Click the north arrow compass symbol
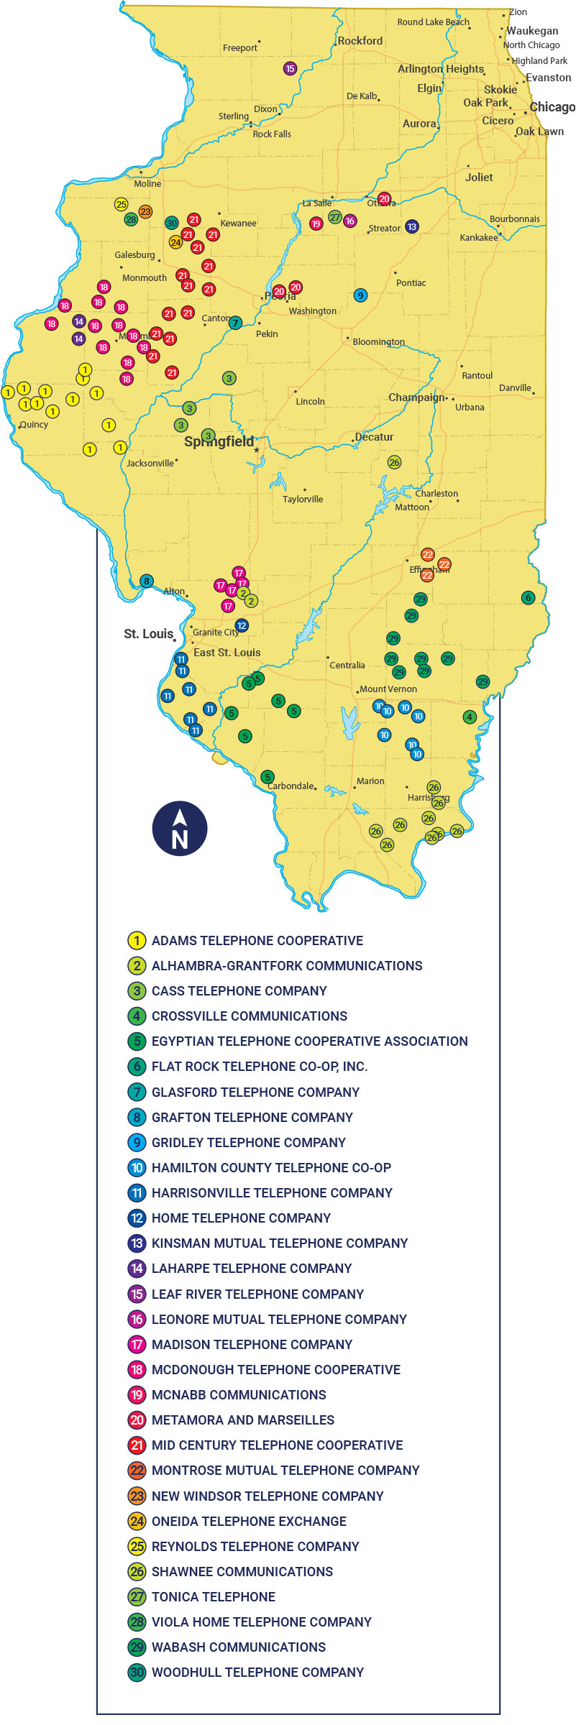(180, 829)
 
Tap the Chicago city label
(552, 107)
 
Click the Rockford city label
(360, 41)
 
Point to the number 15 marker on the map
(290, 69)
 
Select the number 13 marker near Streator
(411, 226)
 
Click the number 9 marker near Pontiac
(360, 295)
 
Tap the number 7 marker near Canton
(234, 323)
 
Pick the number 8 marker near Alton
(146, 581)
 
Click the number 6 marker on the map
(529, 597)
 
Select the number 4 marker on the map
(470, 717)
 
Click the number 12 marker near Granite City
(242, 625)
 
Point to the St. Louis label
(149, 633)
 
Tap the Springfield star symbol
(256, 450)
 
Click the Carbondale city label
(291, 786)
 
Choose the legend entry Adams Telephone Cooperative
(257, 940)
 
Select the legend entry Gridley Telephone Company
(248, 1142)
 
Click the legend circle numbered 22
(137, 1470)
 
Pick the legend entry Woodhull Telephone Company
(257, 1672)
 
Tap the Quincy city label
(34, 424)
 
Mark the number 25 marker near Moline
(121, 204)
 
